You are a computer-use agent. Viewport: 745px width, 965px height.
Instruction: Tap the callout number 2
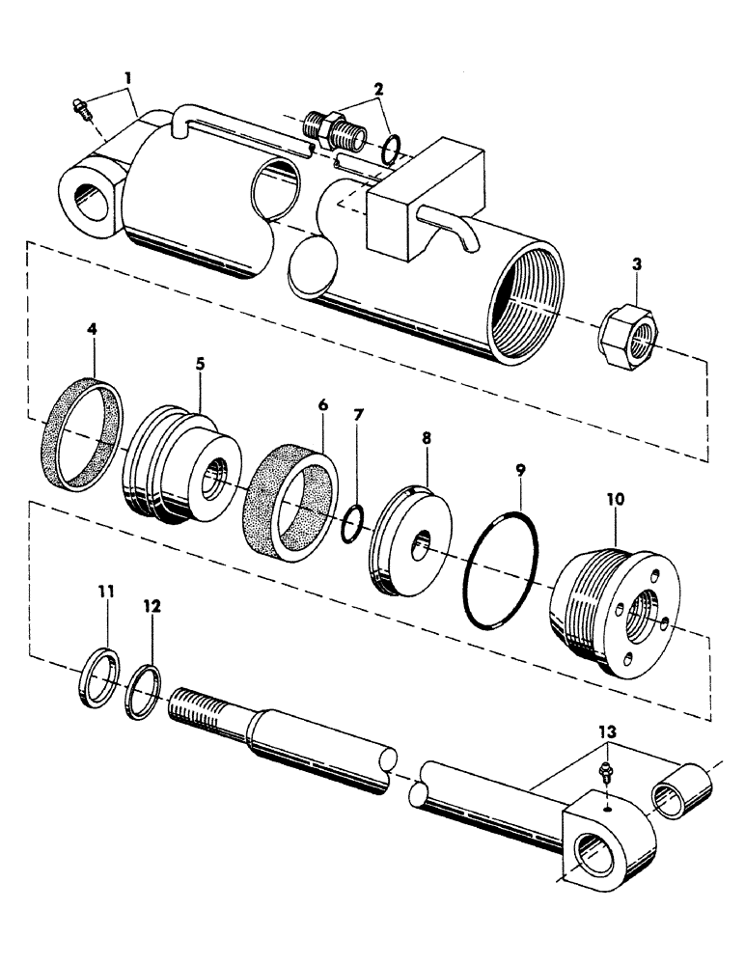[x=379, y=90]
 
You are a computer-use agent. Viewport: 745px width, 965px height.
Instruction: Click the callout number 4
[x=93, y=329]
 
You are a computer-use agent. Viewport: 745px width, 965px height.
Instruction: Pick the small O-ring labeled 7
[x=353, y=522]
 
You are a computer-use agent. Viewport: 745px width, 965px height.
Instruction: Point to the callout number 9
[x=520, y=472]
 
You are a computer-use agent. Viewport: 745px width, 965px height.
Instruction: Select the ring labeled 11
[x=99, y=677]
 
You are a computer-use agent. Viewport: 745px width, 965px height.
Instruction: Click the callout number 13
[x=605, y=732]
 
